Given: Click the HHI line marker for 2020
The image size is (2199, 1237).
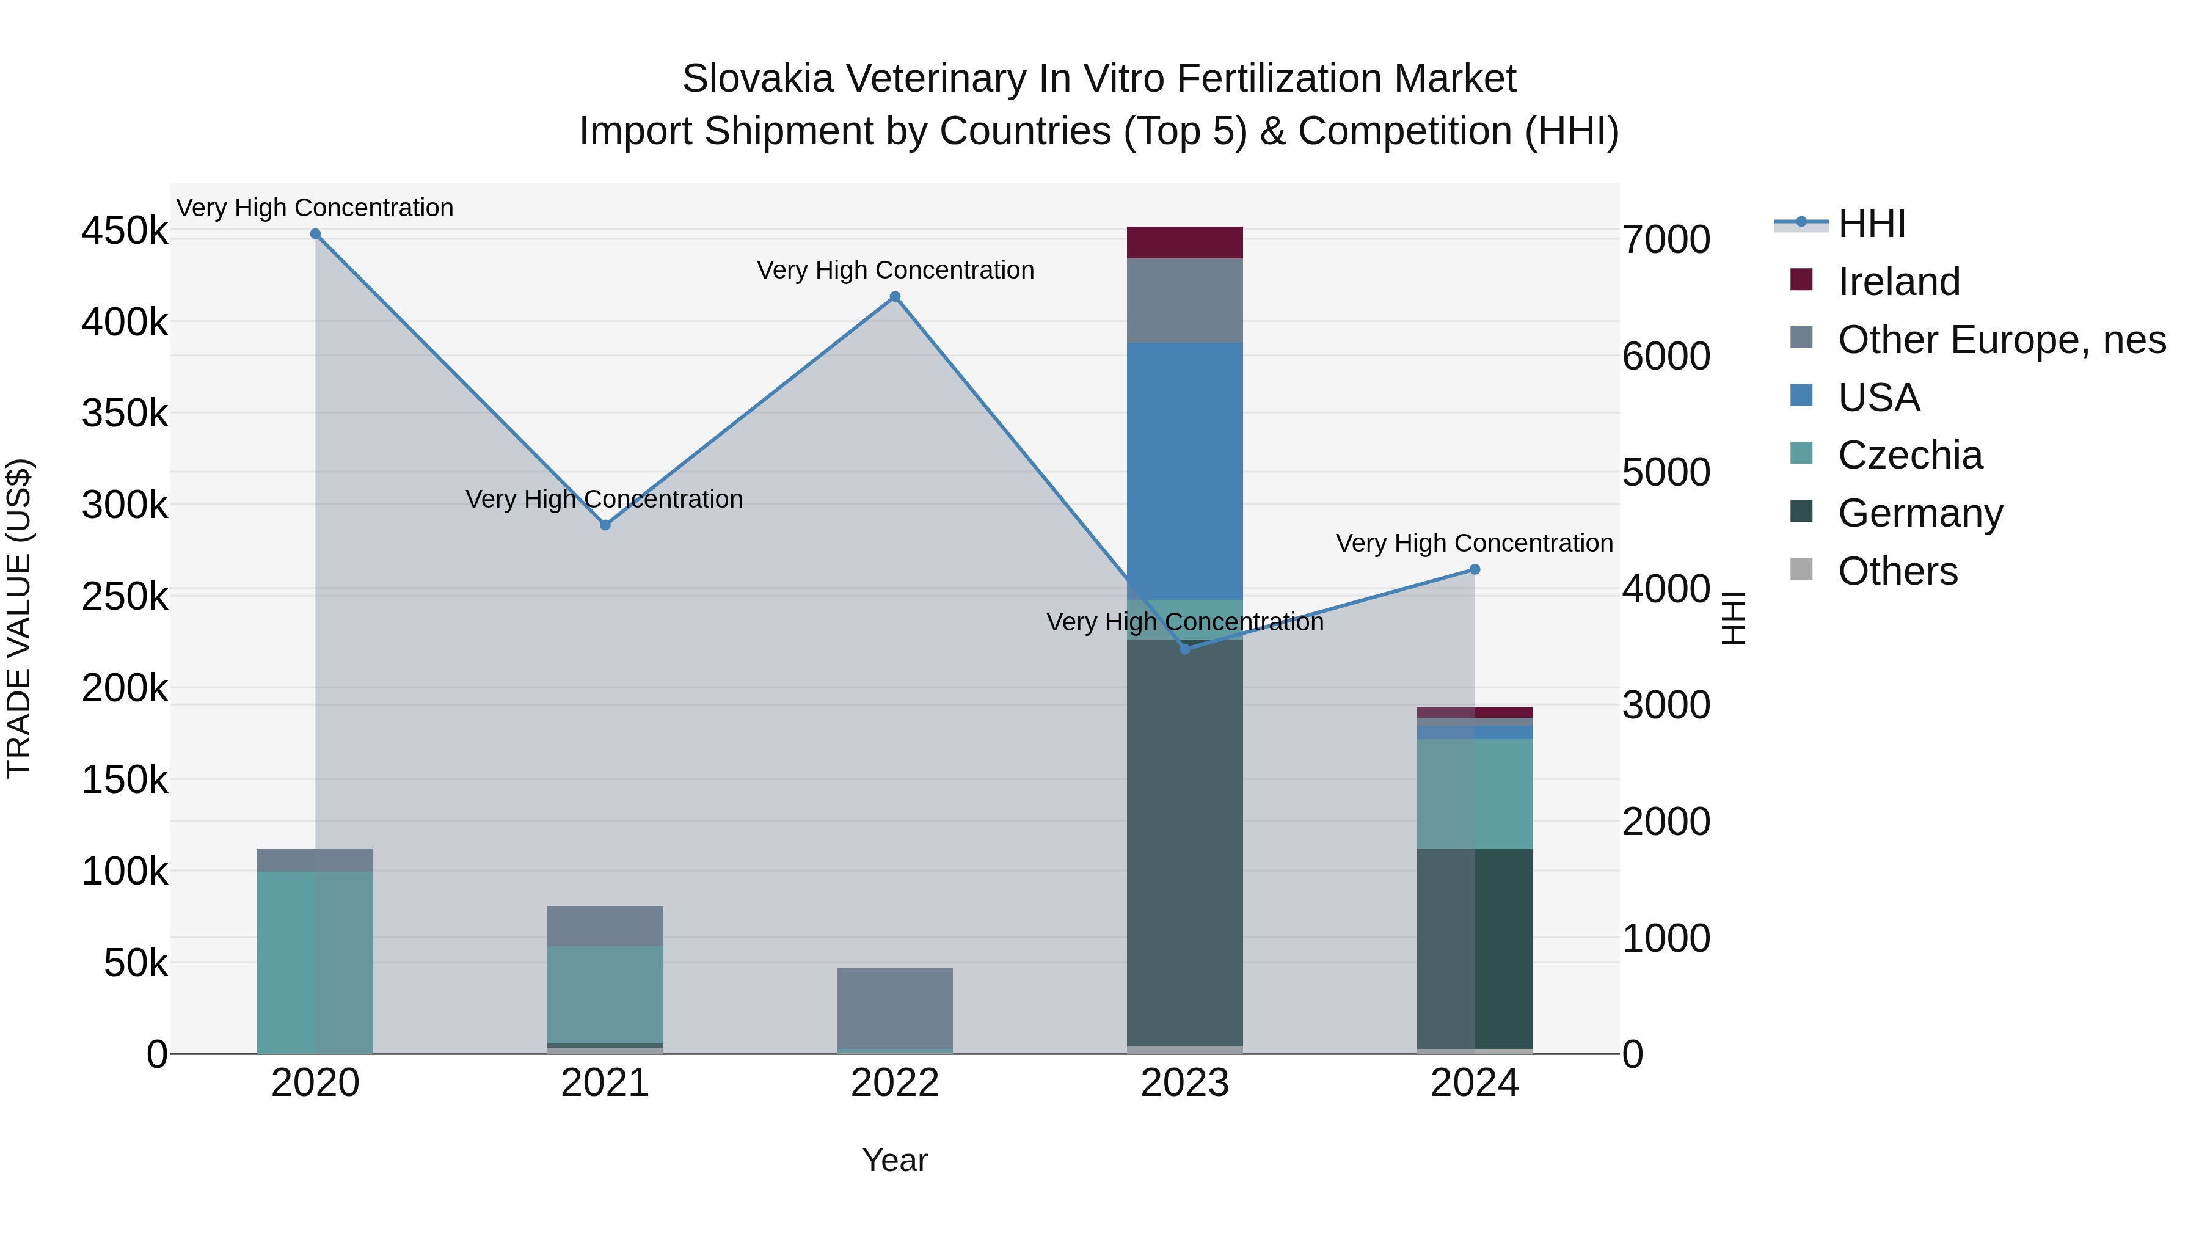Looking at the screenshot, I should click(x=315, y=234).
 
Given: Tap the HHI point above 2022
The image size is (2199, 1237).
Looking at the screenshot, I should click(x=895, y=297).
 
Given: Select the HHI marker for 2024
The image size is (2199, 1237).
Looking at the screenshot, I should click(x=1475, y=569).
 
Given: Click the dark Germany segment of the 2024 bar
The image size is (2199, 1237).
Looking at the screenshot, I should click(x=1475, y=947).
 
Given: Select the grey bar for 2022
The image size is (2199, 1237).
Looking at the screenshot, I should click(x=895, y=1008).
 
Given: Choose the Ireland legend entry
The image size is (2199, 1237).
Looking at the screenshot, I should click(x=1898, y=282).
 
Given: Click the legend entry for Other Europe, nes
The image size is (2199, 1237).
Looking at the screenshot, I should click(x=2001, y=340).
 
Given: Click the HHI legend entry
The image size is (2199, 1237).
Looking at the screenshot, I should click(x=1871, y=224).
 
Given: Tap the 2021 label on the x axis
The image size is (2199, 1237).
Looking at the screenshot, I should click(x=604, y=1083).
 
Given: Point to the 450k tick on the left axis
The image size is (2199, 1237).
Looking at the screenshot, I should click(x=125, y=232).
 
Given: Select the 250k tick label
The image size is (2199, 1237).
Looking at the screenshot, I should click(x=125, y=597).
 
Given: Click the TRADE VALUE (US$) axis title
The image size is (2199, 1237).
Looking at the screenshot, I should click(x=20, y=618).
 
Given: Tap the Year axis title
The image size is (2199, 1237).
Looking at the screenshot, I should click(x=895, y=1160).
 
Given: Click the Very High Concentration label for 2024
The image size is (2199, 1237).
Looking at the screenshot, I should click(x=1475, y=543).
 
